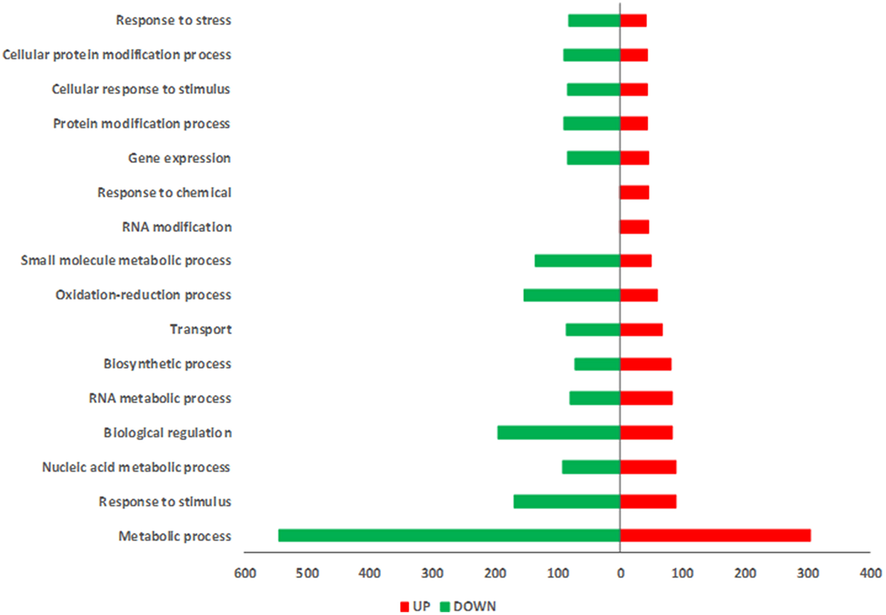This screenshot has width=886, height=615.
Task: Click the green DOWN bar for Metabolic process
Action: click(x=449, y=536)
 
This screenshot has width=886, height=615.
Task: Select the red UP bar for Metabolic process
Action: click(x=715, y=536)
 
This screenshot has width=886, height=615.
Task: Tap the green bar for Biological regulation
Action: click(x=559, y=432)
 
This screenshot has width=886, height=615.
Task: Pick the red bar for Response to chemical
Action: click(x=635, y=192)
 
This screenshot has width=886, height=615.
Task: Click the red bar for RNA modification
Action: click(x=635, y=227)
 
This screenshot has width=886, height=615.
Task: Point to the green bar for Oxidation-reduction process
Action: click(x=572, y=295)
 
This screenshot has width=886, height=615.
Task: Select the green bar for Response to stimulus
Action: click(x=567, y=501)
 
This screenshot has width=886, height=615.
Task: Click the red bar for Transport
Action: click(x=642, y=329)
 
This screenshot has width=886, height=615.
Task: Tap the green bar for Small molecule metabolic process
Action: click(x=577, y=261)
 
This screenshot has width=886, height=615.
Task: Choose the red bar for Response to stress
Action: click(x=634, y=21)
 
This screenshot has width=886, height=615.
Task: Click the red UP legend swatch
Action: click(x=404, y=607)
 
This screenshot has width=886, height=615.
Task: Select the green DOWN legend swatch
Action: click(x=445, y=607)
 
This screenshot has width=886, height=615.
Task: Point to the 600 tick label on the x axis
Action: click(x=245, y=574)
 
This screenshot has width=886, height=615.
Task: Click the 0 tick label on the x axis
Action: click(x=620, y=574)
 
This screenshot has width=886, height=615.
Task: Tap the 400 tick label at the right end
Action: click(x=870, y=574)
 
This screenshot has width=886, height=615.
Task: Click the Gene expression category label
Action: click(x=179, y=158)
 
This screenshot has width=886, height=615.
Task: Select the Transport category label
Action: click(x=201, y=329)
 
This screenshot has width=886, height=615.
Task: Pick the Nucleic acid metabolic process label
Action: click(x=136, y=467)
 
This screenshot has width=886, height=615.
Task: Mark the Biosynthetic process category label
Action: click(x=167, y=364)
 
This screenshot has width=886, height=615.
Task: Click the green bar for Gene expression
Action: click(x=594, y=158)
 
